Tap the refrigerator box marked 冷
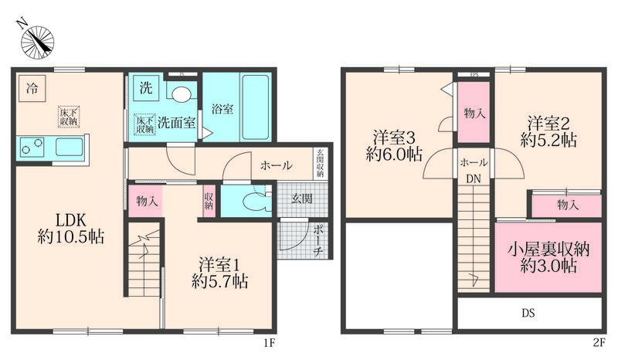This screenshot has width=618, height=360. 32,88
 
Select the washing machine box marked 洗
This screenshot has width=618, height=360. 146,87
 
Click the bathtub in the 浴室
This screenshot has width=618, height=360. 256,107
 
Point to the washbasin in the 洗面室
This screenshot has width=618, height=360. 182,94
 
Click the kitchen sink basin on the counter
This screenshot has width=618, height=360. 69,147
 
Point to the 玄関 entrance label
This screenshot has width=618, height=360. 302,199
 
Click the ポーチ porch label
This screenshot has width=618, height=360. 318,240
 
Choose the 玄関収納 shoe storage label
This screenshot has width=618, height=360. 320,162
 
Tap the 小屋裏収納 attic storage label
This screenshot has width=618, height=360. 548,250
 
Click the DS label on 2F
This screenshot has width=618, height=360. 528,313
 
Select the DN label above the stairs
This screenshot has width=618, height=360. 474,179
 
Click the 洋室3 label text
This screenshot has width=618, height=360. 394,138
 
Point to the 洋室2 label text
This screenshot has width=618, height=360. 548,124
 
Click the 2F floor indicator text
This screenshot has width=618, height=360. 599,343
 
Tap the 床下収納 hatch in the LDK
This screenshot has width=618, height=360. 69,117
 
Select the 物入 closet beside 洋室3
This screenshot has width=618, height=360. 474,113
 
